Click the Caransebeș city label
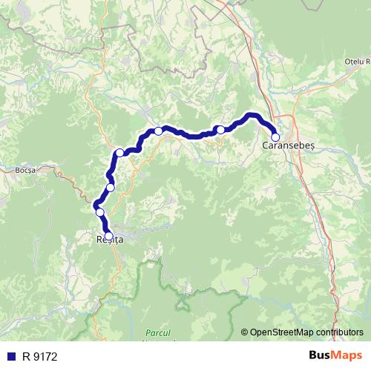pos(289,147)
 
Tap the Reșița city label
pos(109,240)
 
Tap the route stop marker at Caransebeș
pos(275,137)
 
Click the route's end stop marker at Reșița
pos(108,236)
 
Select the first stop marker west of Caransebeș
pos(220,130)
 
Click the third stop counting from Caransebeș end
pos(158,131)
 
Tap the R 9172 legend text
pos(39,356)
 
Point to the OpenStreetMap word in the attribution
pos(283,332)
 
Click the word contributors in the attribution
pos(339,332)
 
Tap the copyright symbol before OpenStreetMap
pos(245,332)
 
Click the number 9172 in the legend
pos(45,356)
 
